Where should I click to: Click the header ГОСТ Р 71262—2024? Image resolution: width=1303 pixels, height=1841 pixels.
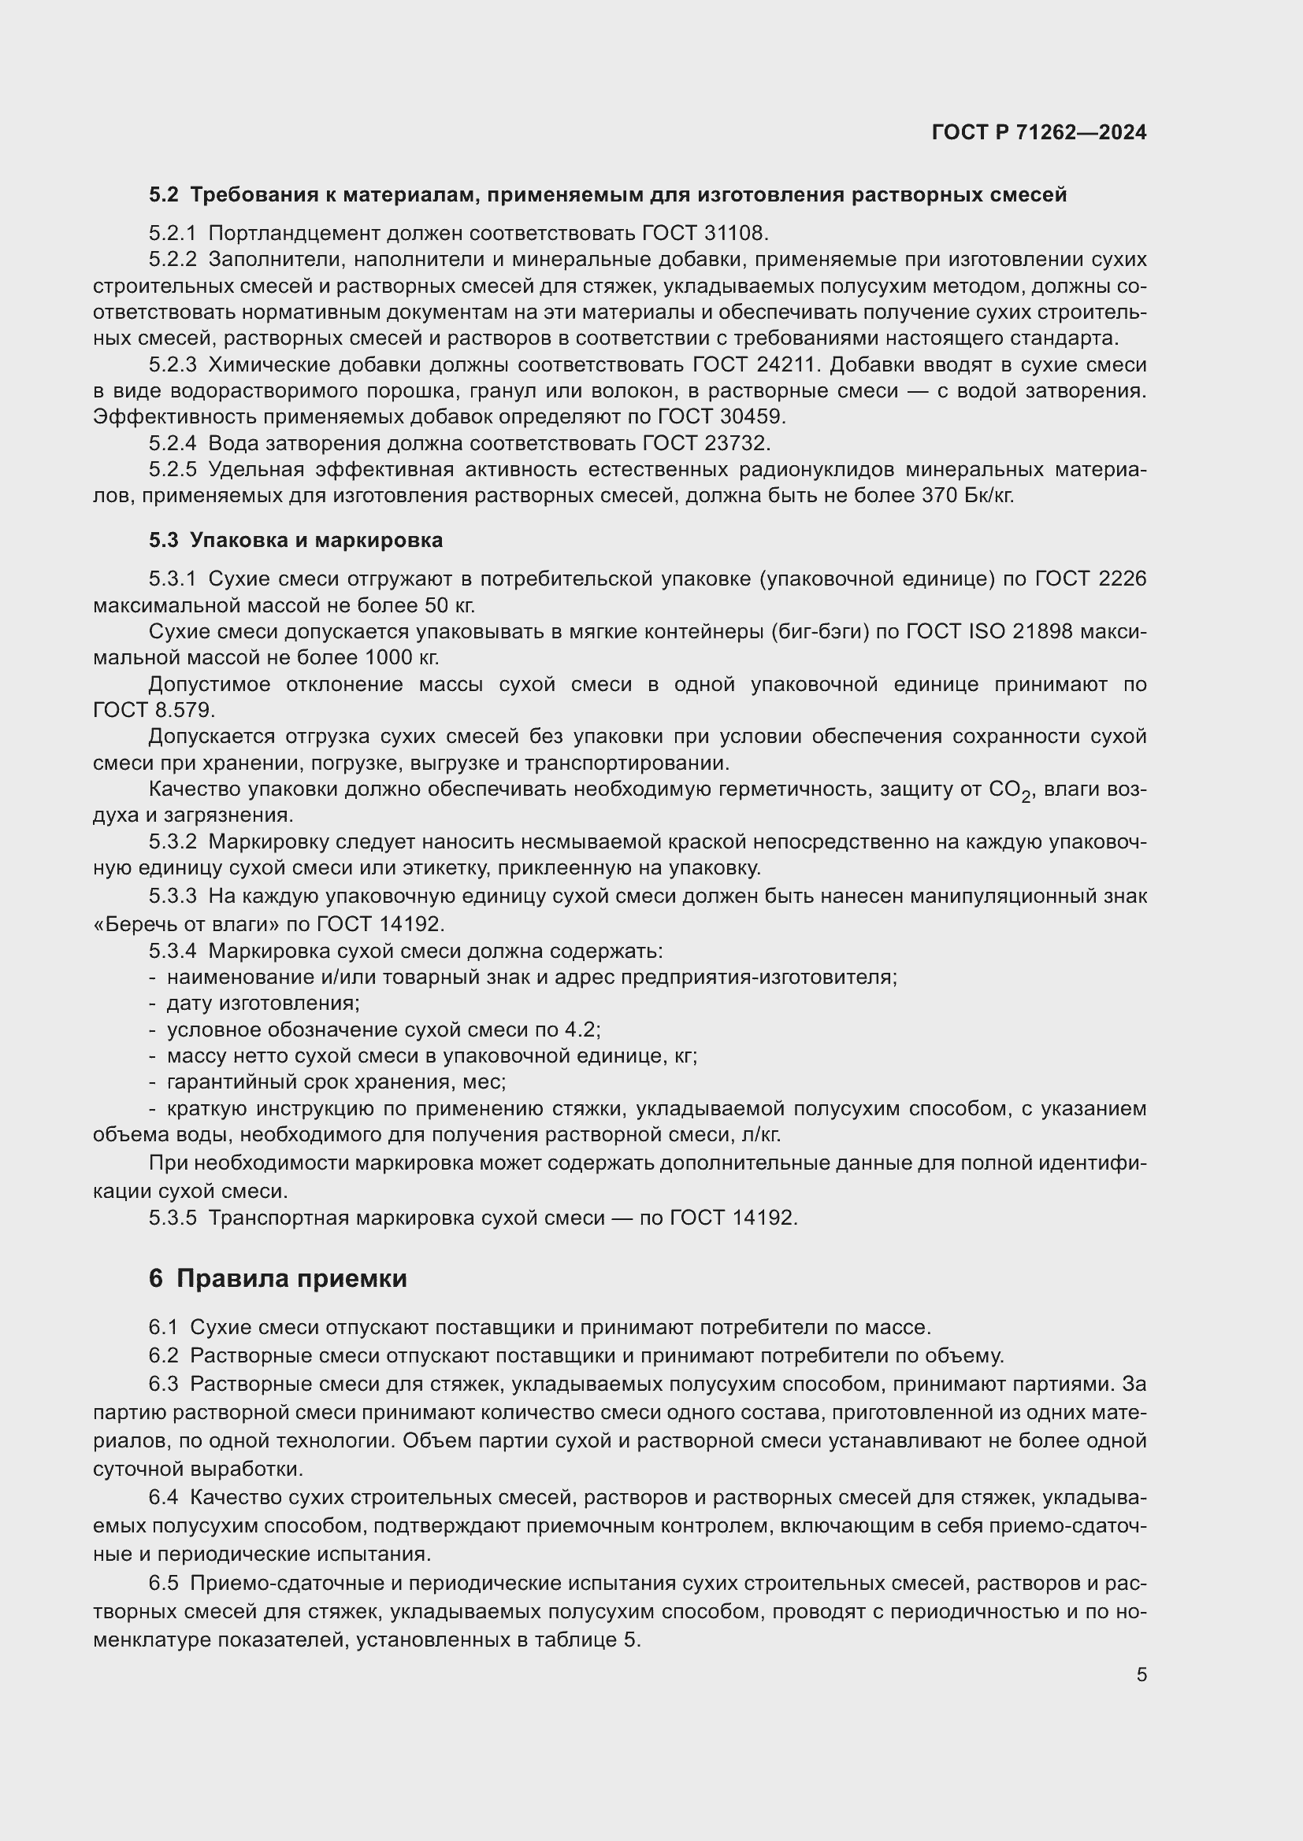click(x=1039, y=132)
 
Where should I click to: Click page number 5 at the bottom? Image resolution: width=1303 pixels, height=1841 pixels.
click(x=1141, y=1674)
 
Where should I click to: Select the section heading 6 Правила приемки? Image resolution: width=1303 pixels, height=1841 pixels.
click(x=277, y=1278)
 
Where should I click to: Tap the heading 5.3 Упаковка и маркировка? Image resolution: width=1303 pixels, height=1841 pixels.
click(x=295, y=540)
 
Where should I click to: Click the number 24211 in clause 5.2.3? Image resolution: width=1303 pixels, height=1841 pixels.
click(x=787, y=365)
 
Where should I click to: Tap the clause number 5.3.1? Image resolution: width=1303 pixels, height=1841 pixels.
click(x=173, y=579)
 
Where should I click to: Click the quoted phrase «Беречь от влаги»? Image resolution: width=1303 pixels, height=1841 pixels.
click(x=187, y=924)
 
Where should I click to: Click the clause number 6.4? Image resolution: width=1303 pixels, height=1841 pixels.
click(x=163, y=1497)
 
